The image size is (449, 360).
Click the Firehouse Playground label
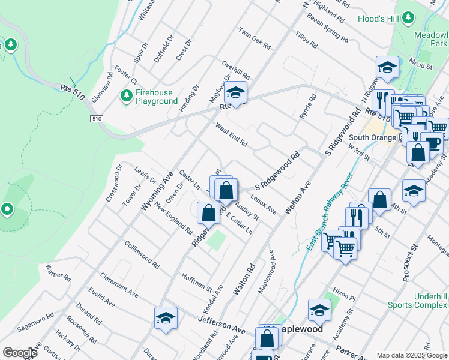[x=157, y=97]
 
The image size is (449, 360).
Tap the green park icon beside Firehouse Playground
[x=127, y=96]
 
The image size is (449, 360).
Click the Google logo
[x=20, y=353]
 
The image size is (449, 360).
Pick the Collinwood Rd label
[x=142, y=255]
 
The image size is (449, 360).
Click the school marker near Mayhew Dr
[x=236, y=93]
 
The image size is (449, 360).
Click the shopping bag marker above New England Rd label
[x=208, y=212]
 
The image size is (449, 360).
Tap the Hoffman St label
[x=197, y=280]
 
